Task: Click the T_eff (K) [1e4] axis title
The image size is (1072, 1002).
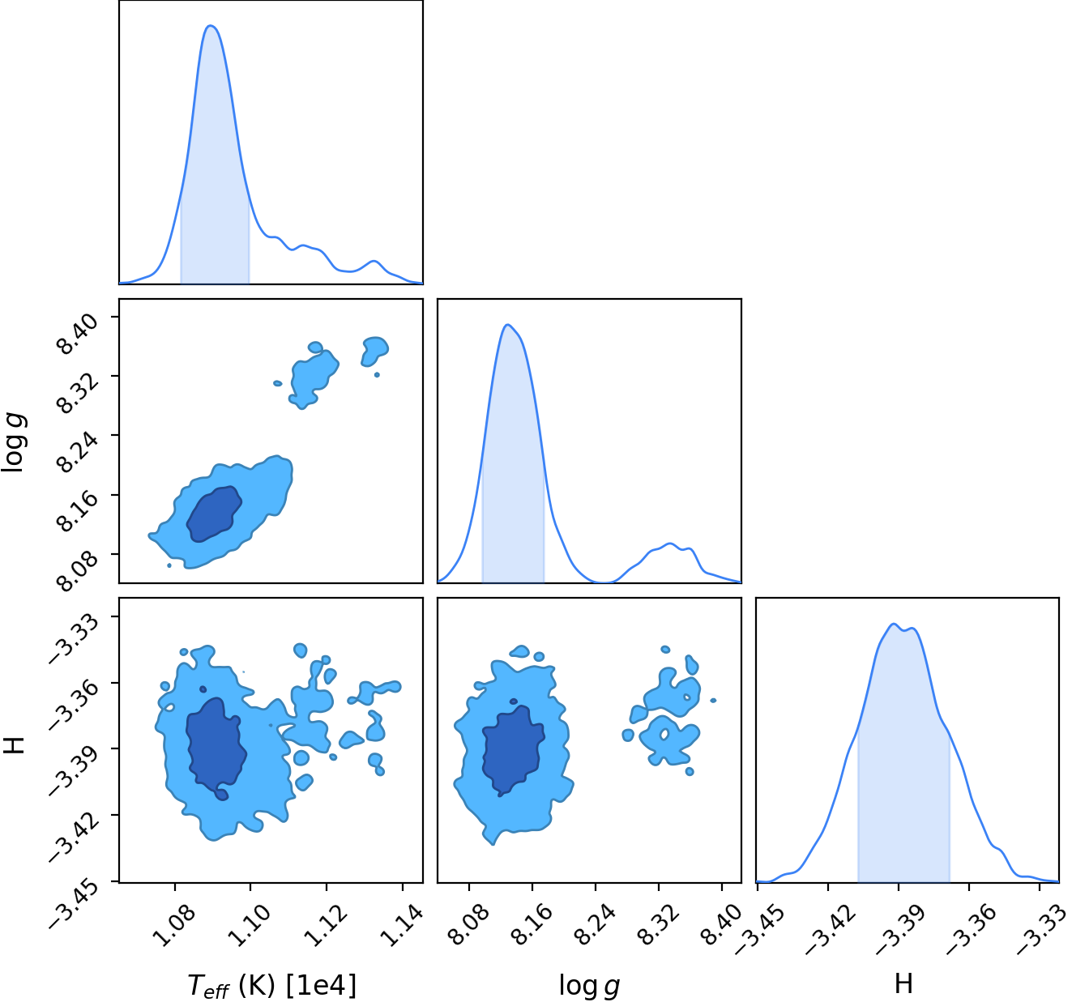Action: point(272,985)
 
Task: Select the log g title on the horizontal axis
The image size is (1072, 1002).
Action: point(589,986)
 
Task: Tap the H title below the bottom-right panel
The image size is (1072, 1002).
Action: point(903,983)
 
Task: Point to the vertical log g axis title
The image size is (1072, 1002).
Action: point(14,443)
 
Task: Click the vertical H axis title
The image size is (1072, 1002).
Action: point(14,745)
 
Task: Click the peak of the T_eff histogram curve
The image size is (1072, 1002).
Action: point(211,25)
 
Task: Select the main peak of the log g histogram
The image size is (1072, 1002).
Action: point(507,325)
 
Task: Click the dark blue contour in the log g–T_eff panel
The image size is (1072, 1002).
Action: point(214,514)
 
